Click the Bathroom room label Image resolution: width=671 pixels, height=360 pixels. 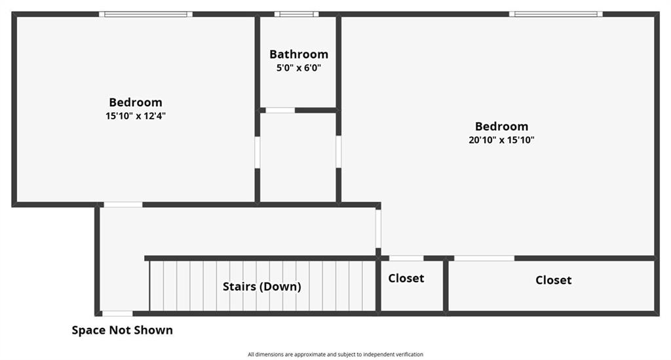(299, 54)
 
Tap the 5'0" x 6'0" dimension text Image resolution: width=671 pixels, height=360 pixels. (299, 68)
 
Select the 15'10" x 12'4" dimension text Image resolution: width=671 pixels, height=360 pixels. (136, 115)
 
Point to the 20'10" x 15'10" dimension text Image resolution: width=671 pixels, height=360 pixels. (501, 140)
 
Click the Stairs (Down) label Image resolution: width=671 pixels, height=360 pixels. (262, 287)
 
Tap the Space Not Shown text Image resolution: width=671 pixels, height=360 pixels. (123, 330)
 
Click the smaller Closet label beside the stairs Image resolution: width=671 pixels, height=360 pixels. (406, 278)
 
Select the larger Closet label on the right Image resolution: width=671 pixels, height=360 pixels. (553, 280)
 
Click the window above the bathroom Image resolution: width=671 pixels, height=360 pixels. (297, 14)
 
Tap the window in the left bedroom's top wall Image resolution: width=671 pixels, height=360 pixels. (145, 14)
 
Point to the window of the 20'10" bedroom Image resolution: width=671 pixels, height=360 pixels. (556, 14)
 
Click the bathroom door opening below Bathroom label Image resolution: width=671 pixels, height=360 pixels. (280, 110)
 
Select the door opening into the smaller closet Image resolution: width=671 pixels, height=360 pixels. (406, 258)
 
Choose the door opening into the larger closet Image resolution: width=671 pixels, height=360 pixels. (484, 258)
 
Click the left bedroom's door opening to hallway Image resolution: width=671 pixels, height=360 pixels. (123, 205)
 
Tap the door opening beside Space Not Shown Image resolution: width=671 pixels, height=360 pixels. (117, 313)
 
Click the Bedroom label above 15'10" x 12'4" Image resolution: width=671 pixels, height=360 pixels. (136, 102)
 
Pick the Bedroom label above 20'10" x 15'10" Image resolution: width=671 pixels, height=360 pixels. (501, 127)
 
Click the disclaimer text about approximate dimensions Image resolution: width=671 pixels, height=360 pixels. (335, 355)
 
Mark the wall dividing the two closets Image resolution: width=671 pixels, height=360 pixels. (446, 285)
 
